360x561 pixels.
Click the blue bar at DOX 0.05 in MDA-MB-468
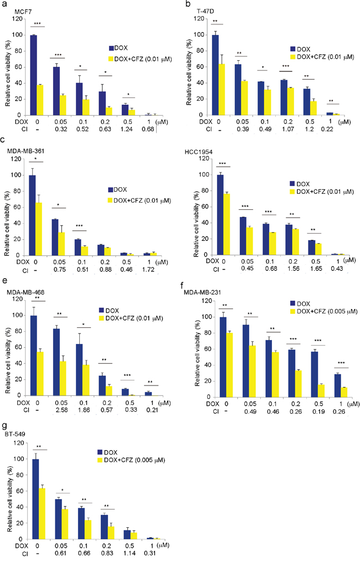[55, 362]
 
